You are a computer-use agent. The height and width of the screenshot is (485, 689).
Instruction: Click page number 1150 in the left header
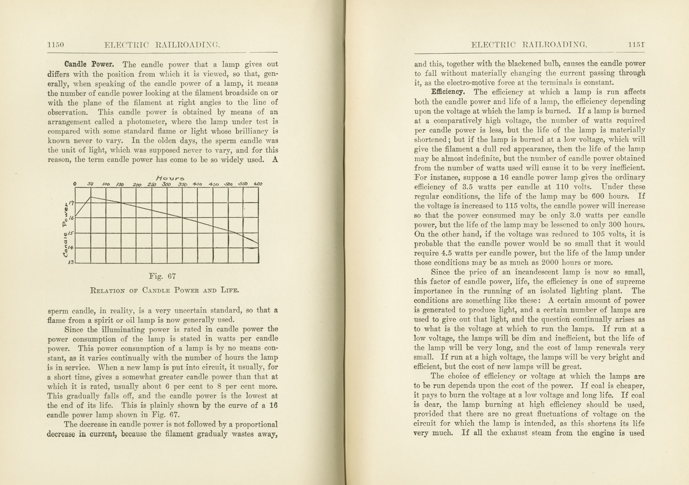coord(56,45)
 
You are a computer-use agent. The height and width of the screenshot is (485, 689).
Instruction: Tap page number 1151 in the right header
coord(636,45)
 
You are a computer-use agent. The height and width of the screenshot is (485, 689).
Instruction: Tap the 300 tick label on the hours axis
coord(166,184)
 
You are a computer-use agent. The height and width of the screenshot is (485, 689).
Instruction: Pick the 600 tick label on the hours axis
coord(258,184)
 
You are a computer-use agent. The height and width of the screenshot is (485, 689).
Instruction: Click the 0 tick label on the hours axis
coord(75,184)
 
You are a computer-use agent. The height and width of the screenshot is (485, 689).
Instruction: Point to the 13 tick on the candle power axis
coord(71,262)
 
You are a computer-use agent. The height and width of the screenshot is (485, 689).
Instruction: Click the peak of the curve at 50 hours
coord(91,197)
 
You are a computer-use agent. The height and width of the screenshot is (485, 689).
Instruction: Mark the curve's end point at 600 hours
coord(258,243)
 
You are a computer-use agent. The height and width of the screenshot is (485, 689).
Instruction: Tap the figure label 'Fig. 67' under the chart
coord(162,276)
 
